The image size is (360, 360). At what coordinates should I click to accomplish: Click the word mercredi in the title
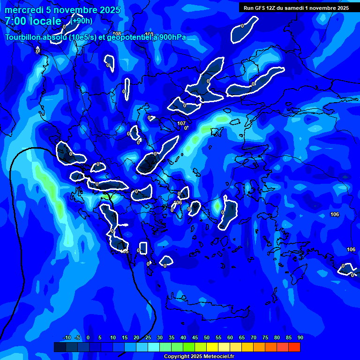pos(23,10)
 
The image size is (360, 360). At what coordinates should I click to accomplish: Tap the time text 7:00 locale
pos(33,21)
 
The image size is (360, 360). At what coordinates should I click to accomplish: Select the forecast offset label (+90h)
pos(82,21)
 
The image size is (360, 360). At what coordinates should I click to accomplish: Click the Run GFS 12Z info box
pos(296,7)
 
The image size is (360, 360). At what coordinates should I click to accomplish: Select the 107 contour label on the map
pos(181,123)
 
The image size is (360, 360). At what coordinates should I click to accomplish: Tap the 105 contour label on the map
pos(125,252)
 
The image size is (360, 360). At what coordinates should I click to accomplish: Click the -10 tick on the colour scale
pos(67,337)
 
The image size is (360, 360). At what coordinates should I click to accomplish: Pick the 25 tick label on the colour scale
pos(148,337)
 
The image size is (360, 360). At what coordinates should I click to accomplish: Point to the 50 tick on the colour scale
pos(207,337)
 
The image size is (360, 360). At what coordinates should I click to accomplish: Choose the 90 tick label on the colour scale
pos(300,337)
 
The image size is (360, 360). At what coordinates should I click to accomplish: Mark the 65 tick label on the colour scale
pos(242,337)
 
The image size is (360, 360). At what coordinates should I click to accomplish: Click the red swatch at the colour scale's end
pos(294,347)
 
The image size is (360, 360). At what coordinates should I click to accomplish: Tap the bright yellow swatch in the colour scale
pos(212,347)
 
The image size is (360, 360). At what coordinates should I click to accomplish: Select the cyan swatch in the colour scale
pos(154,347)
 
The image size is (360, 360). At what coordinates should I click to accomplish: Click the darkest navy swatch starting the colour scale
pos(60,347)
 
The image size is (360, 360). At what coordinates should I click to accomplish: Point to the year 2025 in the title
pos(110,10)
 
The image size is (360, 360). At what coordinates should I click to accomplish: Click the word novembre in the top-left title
pos(75,10)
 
